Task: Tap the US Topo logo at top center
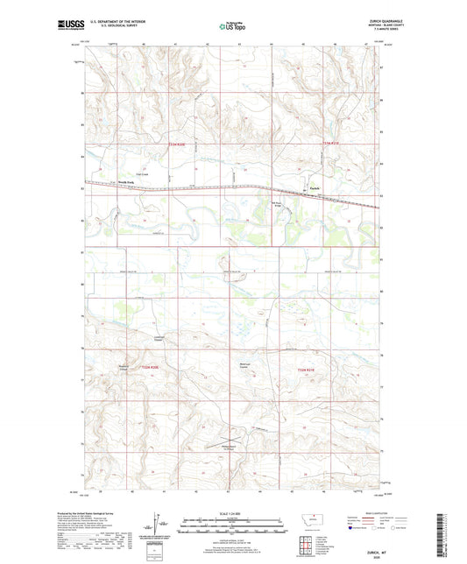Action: pyautogui.click(x=232, y=27)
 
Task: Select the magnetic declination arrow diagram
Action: pyautogui.click(x=164, y=526)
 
